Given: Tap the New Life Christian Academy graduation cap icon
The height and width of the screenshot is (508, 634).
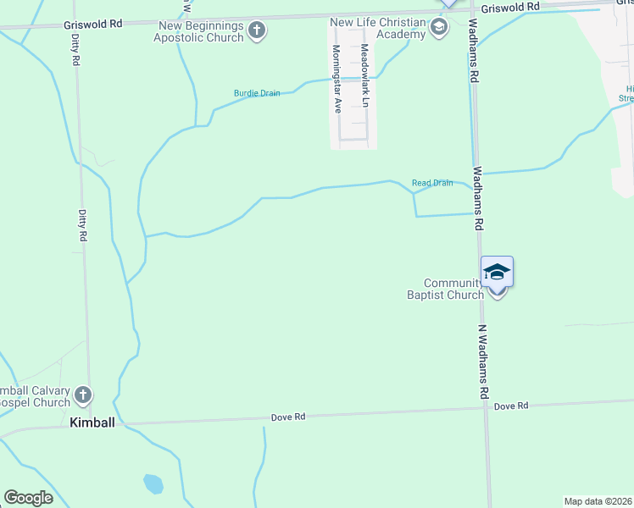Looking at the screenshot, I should [x=438, y=29].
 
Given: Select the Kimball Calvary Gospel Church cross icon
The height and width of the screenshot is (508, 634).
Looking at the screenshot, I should [x=82, y=395].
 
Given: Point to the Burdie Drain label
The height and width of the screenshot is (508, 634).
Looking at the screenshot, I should [x=257, y=93].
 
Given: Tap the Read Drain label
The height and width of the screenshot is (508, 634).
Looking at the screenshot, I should [x=431, y=183].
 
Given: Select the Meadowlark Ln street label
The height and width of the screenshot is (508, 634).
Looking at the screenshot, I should [x=365, y=75].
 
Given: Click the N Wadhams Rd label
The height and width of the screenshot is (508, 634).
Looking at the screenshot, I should [x=483, y=362].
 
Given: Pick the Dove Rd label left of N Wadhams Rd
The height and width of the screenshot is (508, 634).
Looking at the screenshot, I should [x=287, y=417].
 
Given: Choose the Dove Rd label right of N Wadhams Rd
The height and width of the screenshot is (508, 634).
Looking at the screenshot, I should [x=511, y=406].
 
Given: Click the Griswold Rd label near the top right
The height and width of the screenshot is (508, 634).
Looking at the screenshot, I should [x=510, y=7].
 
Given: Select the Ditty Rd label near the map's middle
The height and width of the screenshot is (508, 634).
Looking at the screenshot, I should [x=83, y=226].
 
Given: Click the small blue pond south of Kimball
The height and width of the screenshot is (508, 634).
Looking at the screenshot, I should [x=153, y=484].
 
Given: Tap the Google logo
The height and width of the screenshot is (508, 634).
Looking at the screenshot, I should [x=28, y=498].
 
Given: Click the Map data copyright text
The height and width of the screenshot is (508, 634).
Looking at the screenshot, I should [x=598, y=501].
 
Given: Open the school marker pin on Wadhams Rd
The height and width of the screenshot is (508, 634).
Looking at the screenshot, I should [x=497, y=273].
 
